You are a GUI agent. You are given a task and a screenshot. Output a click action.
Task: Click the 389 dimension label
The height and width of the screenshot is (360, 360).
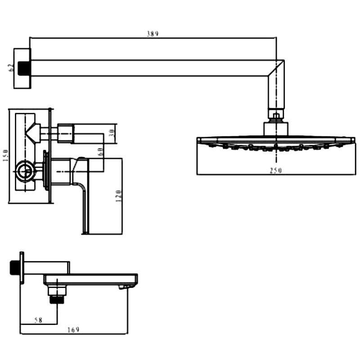153,34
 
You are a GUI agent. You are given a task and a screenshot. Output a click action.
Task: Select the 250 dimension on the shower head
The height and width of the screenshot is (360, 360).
275,170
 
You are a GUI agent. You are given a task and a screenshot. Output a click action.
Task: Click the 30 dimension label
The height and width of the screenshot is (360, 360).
112,134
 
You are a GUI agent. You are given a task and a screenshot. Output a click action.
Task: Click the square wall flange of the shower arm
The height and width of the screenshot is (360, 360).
22,68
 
